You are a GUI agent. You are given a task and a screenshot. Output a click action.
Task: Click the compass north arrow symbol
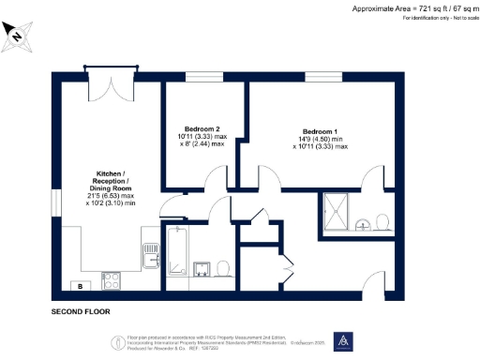(x=19, y=35)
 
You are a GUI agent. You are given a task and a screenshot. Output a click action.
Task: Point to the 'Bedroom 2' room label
(x=202, y=127)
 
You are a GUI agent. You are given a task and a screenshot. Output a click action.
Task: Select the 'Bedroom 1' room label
(x=321, y=130)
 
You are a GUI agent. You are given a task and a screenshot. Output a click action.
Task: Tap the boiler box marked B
(x=80, y=285)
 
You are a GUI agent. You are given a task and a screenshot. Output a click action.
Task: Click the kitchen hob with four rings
(x=110, y=278)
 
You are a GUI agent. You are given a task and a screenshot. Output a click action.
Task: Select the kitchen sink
(x=149, y=253)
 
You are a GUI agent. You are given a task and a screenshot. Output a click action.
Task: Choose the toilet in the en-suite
(x=382, y=222)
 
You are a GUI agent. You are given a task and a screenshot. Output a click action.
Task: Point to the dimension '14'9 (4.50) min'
(x=321, y=139)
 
